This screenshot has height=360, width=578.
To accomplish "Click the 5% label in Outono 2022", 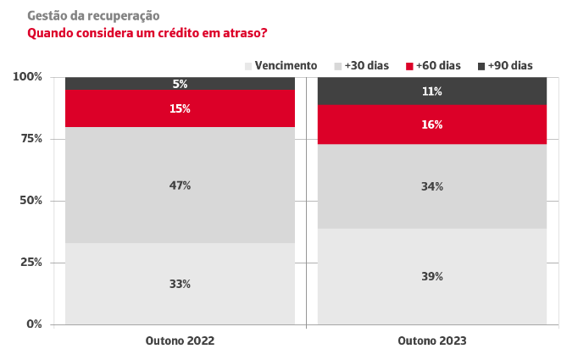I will tap(180, 84).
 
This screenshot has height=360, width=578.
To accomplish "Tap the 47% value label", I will tap(180, 186).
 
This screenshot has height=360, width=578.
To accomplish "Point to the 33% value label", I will tap(180, 284).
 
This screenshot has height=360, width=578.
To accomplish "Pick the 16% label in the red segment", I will tap(432, 125).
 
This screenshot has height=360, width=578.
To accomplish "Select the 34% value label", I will tap(432, 186).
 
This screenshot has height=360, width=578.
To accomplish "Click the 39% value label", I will tap(432, 277).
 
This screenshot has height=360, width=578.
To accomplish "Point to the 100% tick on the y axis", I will tap(28, 77).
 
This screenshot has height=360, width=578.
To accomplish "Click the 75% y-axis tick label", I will tap(31, 139).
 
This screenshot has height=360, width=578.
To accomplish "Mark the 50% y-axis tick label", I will tap(31, 201).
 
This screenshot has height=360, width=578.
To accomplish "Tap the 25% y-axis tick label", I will tap(31, 263).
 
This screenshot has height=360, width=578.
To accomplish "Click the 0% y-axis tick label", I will tap(34, 324).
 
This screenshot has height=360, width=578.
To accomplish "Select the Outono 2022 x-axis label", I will tap(180, 341).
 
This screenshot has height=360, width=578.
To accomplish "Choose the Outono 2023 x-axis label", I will tap(432, 341).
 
